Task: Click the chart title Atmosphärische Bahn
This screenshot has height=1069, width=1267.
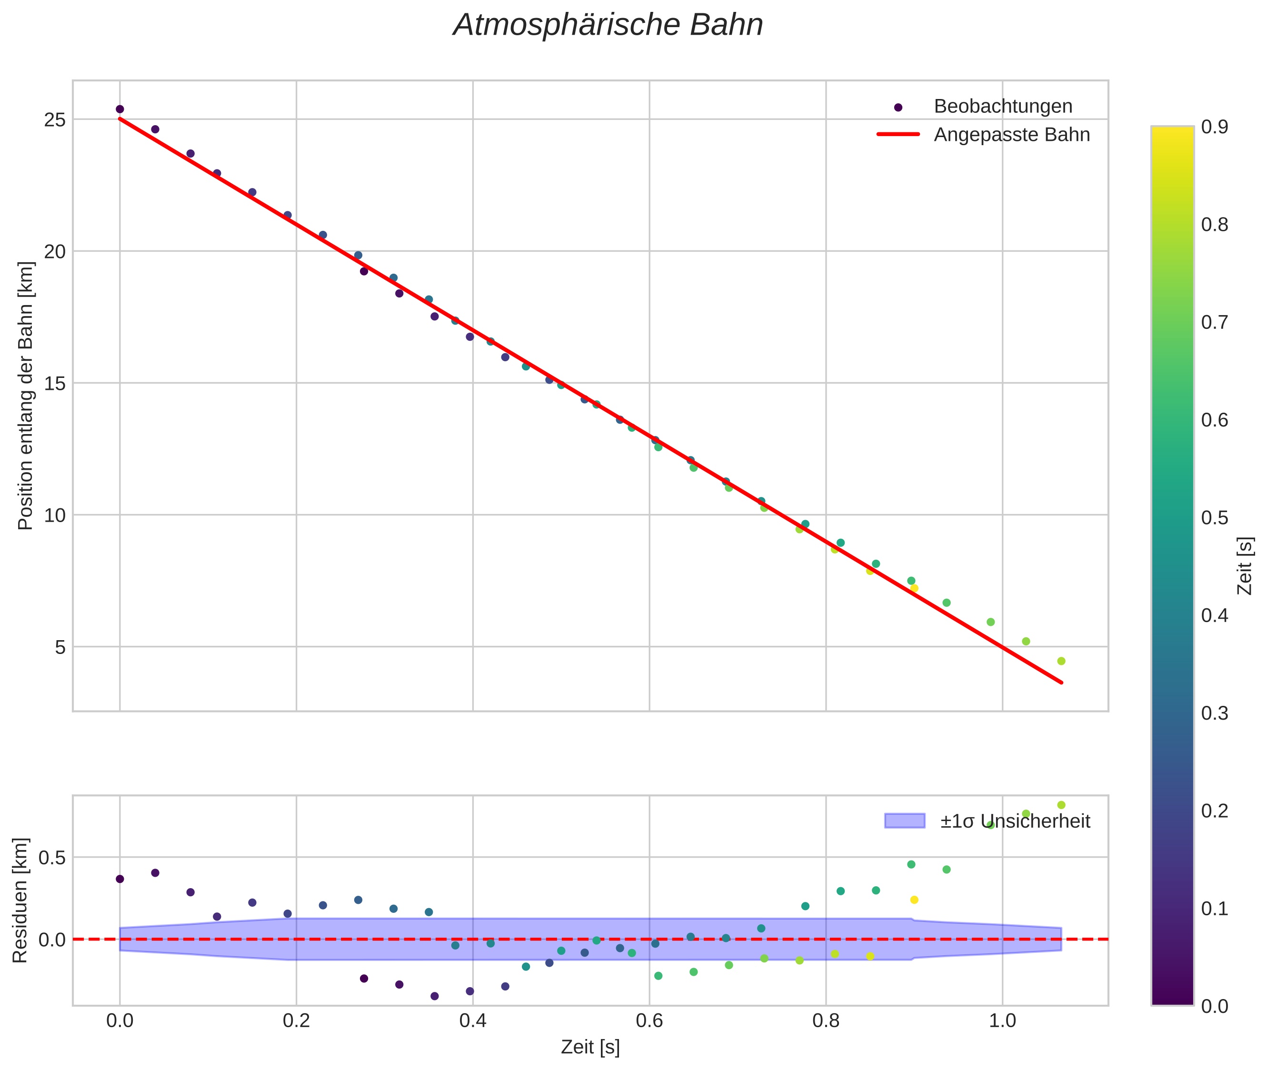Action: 608,25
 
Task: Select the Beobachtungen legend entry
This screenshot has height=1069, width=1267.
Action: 1002,107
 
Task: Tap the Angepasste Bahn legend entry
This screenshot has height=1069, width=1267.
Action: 1011,135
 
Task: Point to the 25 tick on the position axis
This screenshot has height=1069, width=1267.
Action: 55,119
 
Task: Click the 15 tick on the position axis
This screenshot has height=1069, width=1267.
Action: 55,383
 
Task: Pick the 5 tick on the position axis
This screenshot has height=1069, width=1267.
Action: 60,647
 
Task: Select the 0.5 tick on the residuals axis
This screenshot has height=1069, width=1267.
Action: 51,858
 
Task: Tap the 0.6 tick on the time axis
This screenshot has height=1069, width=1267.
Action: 649,1020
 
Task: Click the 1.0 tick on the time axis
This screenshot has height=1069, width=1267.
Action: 1002,1020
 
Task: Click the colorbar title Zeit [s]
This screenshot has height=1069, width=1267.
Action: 1245,566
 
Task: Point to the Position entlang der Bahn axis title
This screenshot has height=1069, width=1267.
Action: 25,396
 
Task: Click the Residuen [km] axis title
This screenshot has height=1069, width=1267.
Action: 20,900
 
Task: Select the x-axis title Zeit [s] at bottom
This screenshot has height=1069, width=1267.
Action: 590,1047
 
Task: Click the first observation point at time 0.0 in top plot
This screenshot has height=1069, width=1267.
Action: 120,109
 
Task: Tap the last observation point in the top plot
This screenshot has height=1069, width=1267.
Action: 1061,661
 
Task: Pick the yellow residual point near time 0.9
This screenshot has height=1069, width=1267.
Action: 914,900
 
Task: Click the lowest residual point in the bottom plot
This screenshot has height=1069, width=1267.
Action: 435,996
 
